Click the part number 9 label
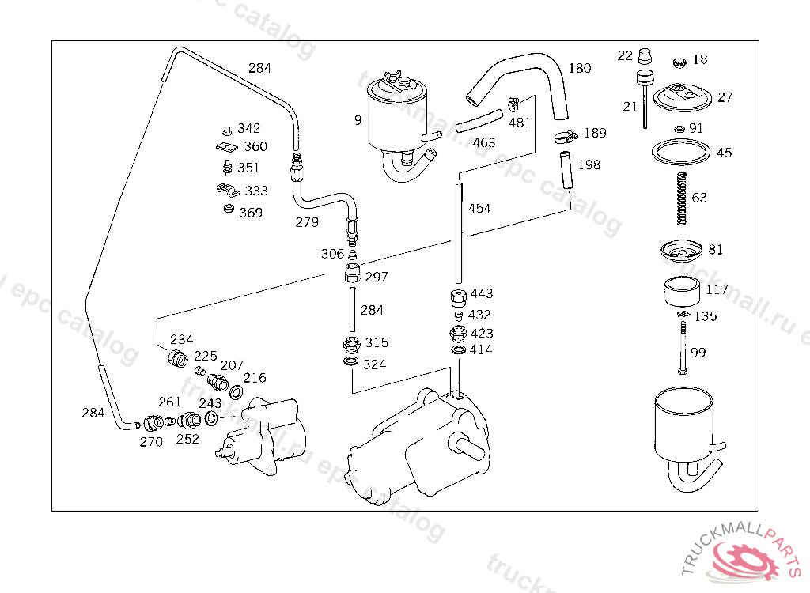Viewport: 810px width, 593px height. tap(358, 121)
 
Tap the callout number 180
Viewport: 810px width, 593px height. tap(580, 69)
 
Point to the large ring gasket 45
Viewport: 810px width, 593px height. tap(680, 150)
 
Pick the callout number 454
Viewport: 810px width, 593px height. tap(479, 209)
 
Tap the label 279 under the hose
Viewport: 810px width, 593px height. tap(307, 222)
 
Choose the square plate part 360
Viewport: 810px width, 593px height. tap(227, 147)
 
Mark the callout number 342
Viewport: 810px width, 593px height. tap(249, 128)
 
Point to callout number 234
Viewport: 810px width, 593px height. tap(182, 339)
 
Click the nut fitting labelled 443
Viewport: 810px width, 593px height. tap(457, 299)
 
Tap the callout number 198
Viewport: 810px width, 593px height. tap(589, 164)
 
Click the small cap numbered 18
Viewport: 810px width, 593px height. tap(678, 61)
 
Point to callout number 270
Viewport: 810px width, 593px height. tap(151, 442)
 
